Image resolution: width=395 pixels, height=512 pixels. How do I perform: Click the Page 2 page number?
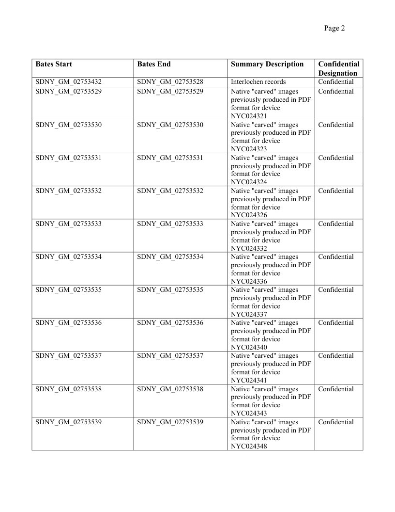click(x=334, y=29)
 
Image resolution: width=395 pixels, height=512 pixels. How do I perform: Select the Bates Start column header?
click(x=54, y=64)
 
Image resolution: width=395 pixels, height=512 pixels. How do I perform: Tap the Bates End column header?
click(x=154, y=64)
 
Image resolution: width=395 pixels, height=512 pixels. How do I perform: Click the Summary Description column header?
click(x=267, y=64)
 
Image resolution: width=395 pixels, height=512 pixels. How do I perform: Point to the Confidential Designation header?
click(x=338, y=68)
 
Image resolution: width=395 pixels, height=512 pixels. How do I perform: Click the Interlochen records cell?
click(x=258, y=82)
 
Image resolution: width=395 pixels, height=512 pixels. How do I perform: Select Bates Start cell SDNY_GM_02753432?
click(x=69, y=82)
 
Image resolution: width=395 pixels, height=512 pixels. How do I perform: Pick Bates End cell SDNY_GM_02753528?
click(x=170, y=82)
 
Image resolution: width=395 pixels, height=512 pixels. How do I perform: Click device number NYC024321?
click(x=249, y=116)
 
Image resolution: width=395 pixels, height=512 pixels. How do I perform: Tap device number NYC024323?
click(x=249, y=149)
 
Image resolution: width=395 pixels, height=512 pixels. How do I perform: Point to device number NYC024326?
click(x=249, y=215)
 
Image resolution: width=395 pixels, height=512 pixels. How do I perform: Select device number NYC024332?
click(x=249, y=248)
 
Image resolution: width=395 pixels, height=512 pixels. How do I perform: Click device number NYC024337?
click(x=249, y=314)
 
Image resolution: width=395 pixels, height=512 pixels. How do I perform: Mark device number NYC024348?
click(x=249, y=447)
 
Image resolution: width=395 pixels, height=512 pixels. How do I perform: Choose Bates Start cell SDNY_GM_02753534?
click(x=69, y=257)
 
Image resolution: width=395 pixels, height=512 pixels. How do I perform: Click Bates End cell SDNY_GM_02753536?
click(x=170, y=323)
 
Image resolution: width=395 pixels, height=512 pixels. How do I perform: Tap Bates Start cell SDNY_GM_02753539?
click(x=69, y=422)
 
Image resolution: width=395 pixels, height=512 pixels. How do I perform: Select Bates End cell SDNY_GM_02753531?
click(x=170, y=158)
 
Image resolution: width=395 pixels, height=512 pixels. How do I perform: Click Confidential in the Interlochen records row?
click(x=336, y=82)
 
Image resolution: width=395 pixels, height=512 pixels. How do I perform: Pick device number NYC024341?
click(x=249, y=381)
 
